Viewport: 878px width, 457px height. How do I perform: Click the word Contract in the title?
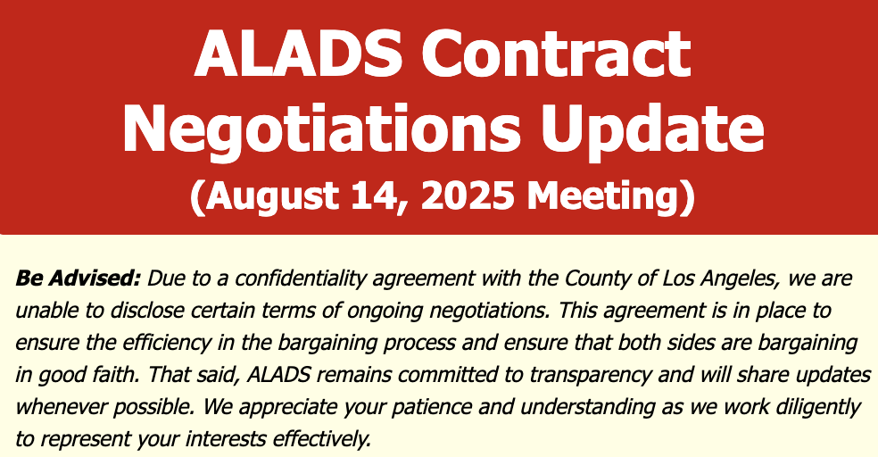[556, 53]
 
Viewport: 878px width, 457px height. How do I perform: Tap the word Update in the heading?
[653, 128]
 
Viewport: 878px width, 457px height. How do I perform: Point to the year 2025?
[467, 195]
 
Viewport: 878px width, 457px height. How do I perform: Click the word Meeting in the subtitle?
[603, 196]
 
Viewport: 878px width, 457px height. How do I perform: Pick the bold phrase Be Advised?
[78, 278]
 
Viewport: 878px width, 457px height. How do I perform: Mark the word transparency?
[590, 375]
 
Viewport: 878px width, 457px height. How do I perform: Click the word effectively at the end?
[322, 439]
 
